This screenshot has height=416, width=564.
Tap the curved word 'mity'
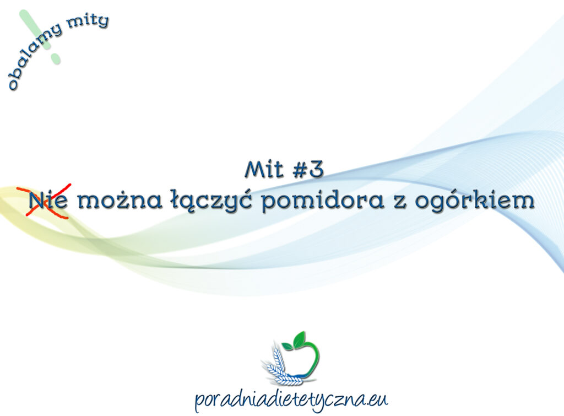tap(88, 23)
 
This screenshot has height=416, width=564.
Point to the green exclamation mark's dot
tap(55, 57)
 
